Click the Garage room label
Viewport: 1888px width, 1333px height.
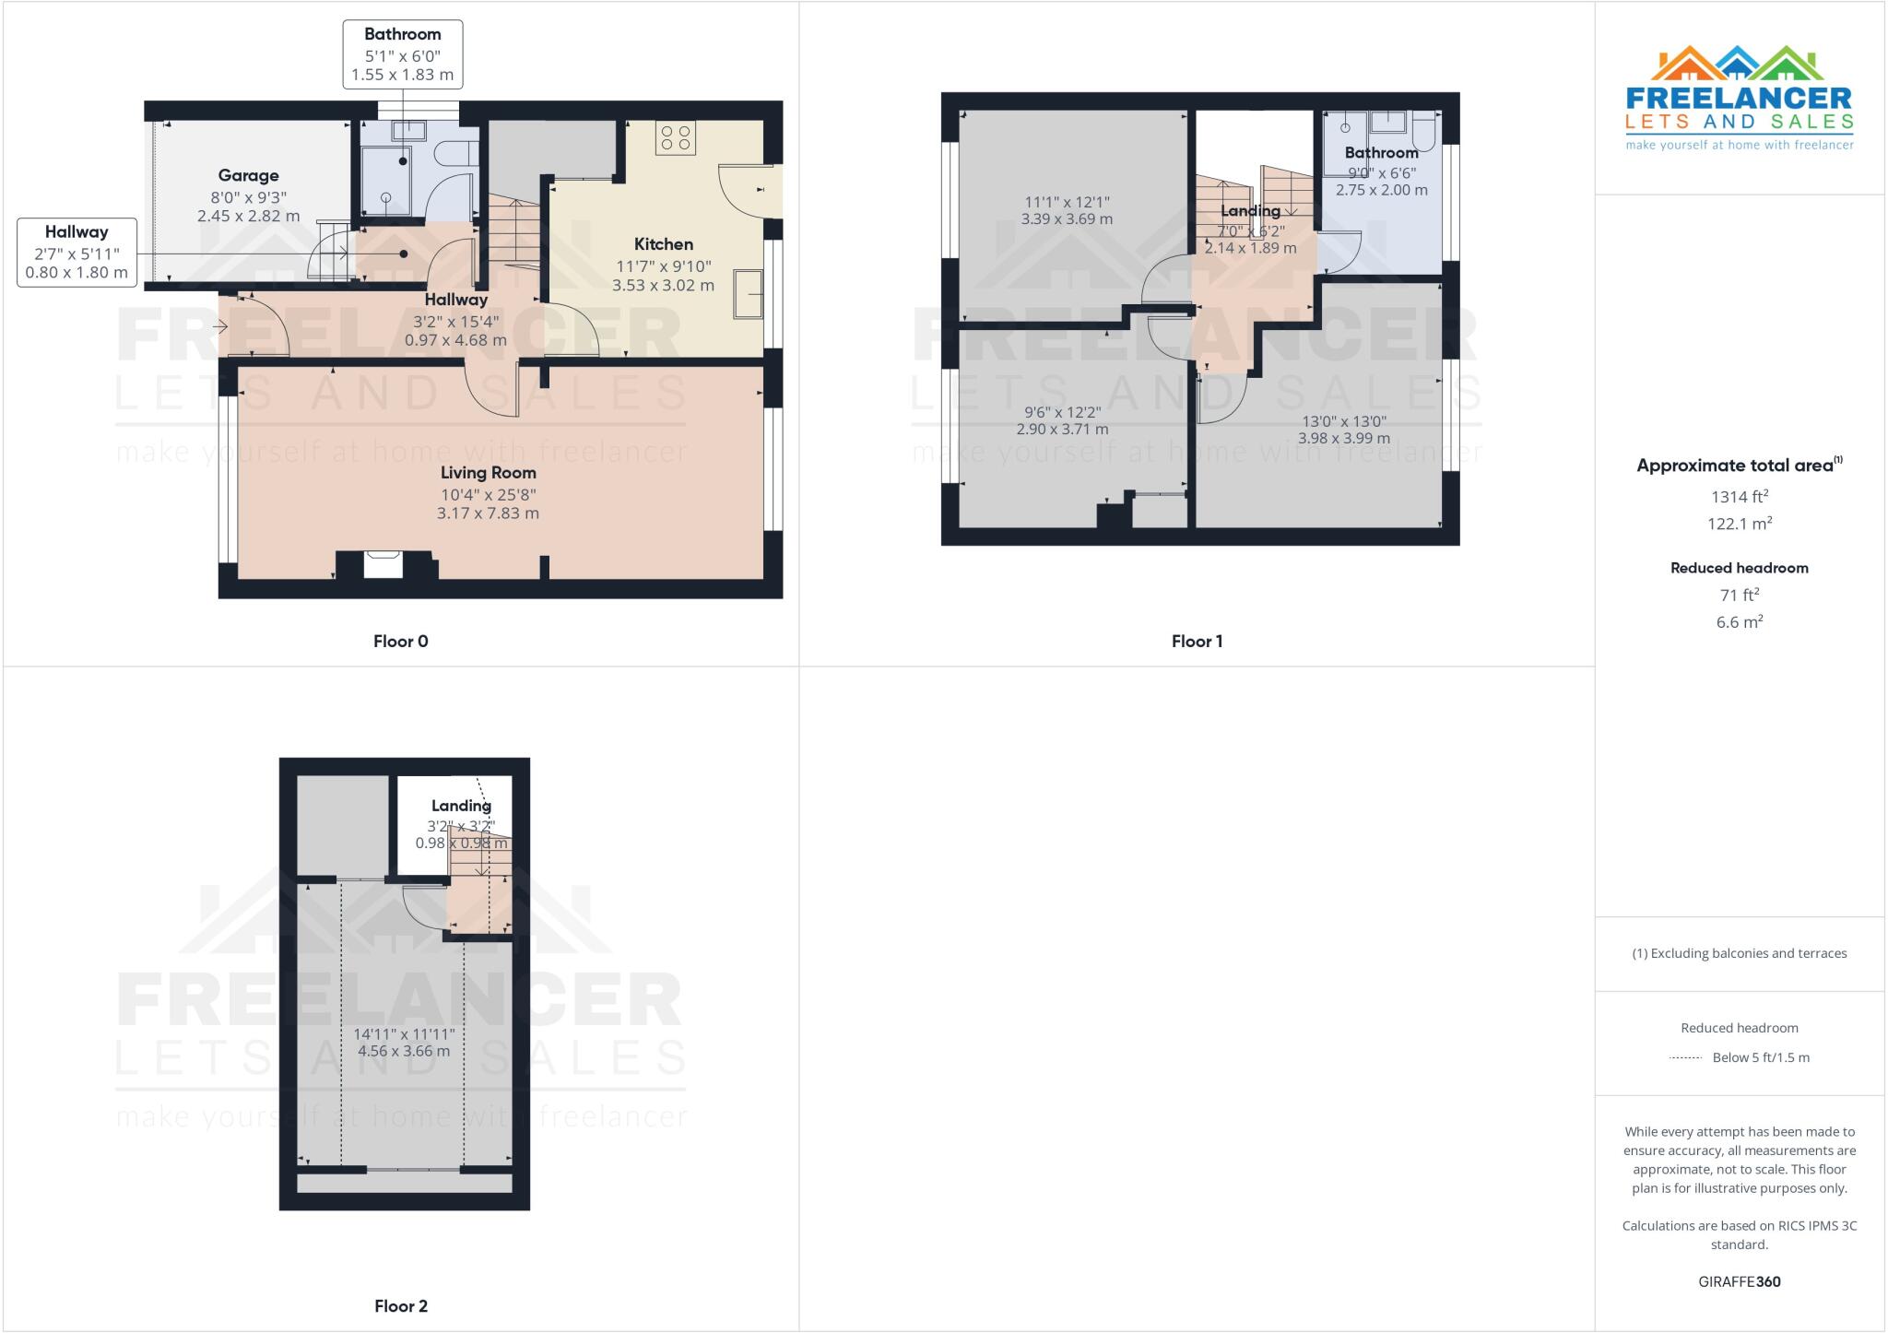(x=248, y=176)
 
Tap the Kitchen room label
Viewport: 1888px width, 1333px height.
(x=663, y=244)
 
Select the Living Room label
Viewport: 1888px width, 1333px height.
(x=488, y=473)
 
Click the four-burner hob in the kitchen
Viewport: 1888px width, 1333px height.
(x=675, y=138)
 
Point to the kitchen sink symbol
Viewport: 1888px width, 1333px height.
(x=749, y=293)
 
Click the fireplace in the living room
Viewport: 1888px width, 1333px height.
(x=383, y=563)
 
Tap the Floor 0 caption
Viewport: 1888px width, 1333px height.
(x=400, y=642)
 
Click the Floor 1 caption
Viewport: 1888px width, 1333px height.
(x=1197, y=642)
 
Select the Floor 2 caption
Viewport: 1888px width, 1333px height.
(x=400, y=1306)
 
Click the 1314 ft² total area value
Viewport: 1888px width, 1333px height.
(x=1739, y=497)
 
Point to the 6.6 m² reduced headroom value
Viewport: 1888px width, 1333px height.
(x=1739, y=622)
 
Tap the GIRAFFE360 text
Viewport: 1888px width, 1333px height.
(x=1739, y=1282)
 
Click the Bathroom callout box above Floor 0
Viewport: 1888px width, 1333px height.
(x=402, y=55)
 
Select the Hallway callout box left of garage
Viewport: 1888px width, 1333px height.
(x=77, y=252)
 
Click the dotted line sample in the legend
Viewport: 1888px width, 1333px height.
(x=1685, y=1058)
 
